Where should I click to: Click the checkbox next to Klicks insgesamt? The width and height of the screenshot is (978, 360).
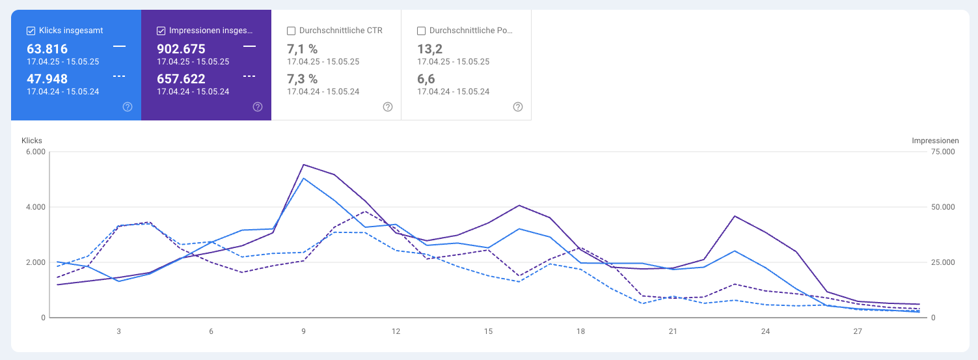[x=31, y=31]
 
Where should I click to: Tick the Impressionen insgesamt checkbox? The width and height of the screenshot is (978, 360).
[x=161, y=31]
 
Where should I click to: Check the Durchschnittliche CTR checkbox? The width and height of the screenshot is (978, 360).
[x=291, y=31]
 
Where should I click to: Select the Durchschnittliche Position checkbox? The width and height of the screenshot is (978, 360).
[x=421, y=31]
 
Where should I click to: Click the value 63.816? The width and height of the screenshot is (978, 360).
[x=47, y=49]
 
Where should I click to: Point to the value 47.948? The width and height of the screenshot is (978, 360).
[x=47, y=79]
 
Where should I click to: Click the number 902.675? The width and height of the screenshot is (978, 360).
[x=181, y=49]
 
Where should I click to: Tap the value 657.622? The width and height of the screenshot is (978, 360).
[x=181, y=79]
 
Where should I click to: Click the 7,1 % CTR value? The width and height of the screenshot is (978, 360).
[x=302, y=49]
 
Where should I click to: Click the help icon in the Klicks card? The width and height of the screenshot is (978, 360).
[x=128, y=107]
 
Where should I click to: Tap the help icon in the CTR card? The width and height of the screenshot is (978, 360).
[x=388, y=107]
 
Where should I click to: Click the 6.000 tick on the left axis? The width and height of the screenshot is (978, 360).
[x=35, y=152]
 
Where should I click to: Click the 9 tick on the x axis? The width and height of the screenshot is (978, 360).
[x=303, y=331]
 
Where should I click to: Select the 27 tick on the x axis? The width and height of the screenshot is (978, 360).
[x=858, y=331]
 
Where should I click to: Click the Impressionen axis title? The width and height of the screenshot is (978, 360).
[x=935, y=141]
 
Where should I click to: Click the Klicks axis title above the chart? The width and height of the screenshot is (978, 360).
[x=32, y=141]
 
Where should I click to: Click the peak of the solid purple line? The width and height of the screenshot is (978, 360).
[x=303, y=165]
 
